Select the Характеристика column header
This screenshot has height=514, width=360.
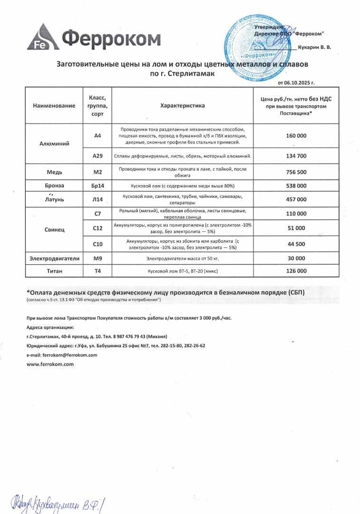point(183,106)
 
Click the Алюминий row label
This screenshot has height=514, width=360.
point(54,143)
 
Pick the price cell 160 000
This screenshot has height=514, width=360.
point(296,136)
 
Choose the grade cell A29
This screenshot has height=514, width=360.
point(97,156)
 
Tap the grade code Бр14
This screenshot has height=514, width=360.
point(97,186)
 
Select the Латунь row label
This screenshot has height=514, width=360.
point(54,199)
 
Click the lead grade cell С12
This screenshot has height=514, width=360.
point(97,228)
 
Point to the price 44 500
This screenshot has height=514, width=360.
point(296,244)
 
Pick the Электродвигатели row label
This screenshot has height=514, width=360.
point(54,258)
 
